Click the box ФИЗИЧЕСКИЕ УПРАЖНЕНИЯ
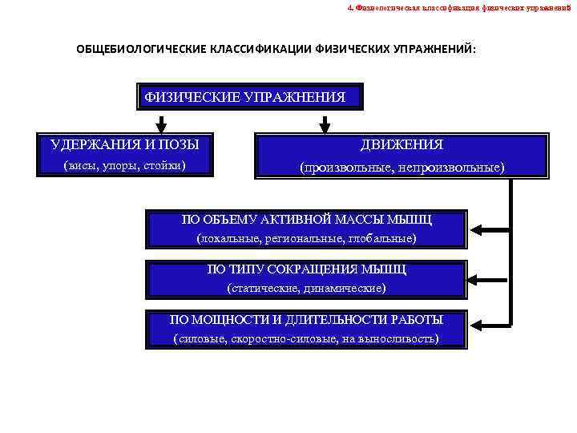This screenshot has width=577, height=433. click(x=249, y=98)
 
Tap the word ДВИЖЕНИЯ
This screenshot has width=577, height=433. click(x=401, y=144)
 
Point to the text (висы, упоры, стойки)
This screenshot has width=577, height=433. click(x=123, y=165)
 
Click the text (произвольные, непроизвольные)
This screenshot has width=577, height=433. click(x=401, y=168)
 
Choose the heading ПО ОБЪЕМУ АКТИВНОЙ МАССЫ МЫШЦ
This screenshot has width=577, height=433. click(x=306, y=219)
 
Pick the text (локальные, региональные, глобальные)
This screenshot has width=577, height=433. click(x=306, y=238)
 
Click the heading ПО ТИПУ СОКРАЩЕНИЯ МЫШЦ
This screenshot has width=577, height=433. click(x=306, y=269)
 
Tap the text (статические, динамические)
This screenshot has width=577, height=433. click(x=306, y=287)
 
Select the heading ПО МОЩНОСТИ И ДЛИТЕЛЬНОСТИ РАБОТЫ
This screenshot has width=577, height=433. click(x=306, y=319)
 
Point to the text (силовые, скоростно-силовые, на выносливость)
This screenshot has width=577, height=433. click(x=306, y=338)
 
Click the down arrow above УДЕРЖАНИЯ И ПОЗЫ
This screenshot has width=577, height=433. click(x=161, y=124)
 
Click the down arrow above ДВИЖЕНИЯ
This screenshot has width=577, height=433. click(x=325, y=124)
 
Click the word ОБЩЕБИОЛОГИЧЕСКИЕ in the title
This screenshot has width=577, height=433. click(x=141, y=50)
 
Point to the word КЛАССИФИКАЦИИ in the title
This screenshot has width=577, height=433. click(x=261, y=50)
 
